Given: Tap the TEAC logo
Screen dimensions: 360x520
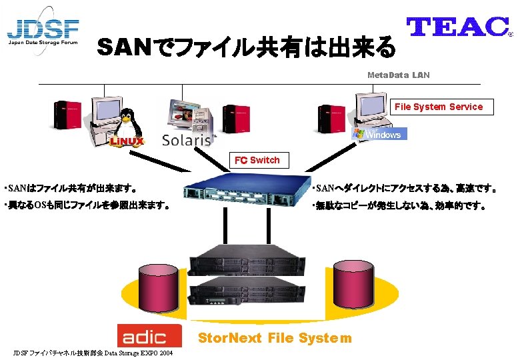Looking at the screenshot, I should (x=458, y=26).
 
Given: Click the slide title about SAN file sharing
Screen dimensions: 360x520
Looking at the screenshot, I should (x=246, y=47).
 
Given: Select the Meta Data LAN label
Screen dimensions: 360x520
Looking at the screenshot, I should (x=399, y=75).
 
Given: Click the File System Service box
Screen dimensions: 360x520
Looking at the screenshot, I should (x=438, y=107).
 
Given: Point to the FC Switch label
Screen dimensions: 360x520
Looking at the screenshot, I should (x=257, y=160).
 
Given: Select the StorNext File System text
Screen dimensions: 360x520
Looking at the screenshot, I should (x=275, y=338).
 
